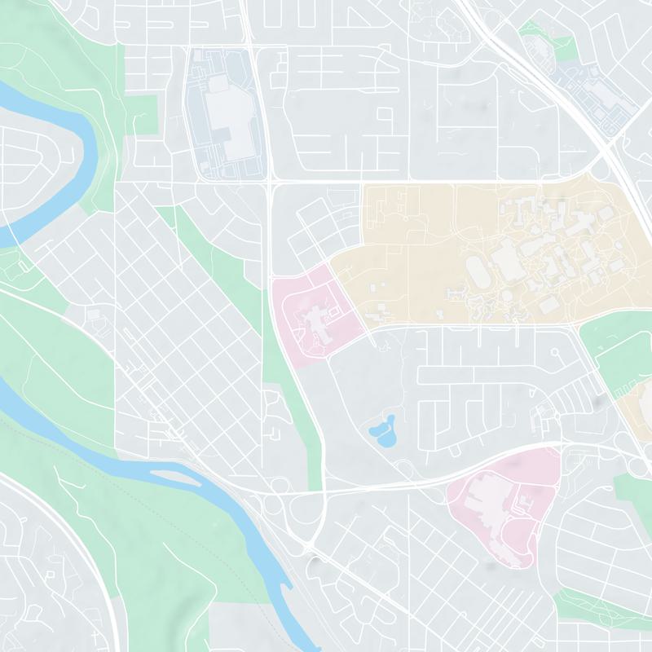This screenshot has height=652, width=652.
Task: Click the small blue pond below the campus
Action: (x=382, y=432)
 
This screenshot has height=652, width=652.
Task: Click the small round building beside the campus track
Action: (x=505, y=294)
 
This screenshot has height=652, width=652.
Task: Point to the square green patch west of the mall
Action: (x=140, y=114)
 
